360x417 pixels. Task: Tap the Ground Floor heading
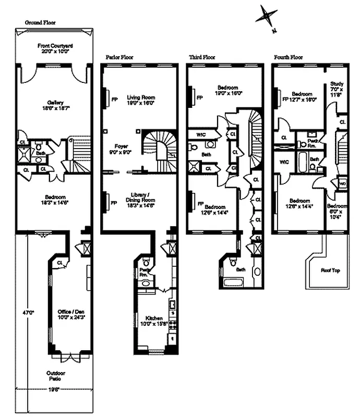pos(40,23)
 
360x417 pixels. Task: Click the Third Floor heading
pos(202,57)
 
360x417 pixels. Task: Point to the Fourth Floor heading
pos(289,57)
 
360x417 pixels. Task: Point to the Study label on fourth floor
pos(336,87)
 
